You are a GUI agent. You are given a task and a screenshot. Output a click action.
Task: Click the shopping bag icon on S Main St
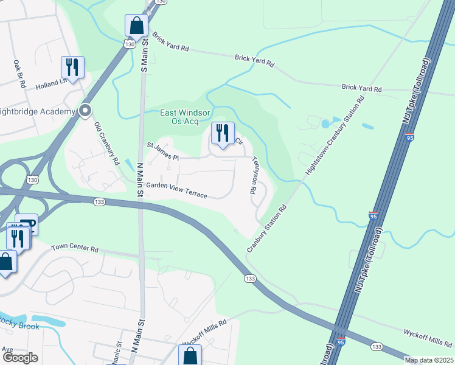[136, 26]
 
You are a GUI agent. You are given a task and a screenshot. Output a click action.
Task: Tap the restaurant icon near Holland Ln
[72, 67]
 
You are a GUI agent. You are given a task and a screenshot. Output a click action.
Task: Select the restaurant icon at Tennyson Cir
[222, 132]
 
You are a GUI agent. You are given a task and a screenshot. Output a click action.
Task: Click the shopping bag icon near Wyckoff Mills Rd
[189, 355]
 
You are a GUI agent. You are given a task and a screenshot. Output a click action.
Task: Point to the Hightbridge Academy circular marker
[85, 111]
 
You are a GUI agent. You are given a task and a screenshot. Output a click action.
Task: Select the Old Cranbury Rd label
[106, 144]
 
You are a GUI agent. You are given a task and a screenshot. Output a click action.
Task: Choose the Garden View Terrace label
[176, 190]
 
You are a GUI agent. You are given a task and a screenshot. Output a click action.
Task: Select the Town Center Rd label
[75, 248]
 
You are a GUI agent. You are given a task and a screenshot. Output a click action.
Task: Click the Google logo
[19, 358]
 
